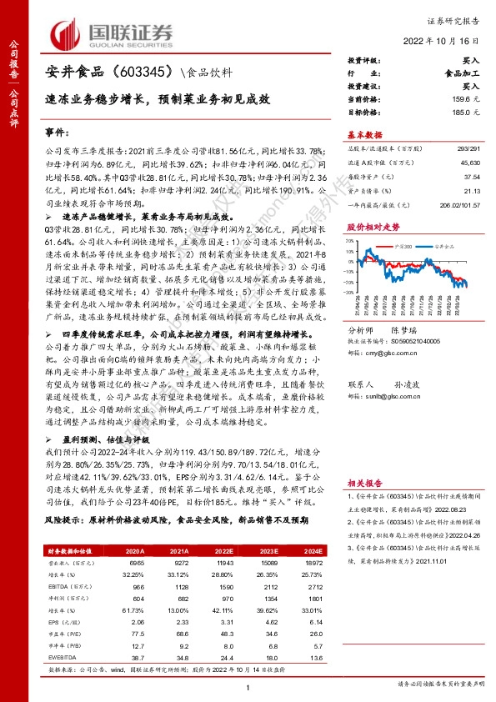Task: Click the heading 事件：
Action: [x=58, y=133]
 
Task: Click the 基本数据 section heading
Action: [x=363, y=134]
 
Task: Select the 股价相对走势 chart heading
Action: [x=368, y=226]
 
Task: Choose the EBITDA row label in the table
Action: [x=58, y=588]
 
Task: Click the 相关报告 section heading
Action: [x=363, y=481]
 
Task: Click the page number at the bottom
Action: [x=248, y=685]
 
